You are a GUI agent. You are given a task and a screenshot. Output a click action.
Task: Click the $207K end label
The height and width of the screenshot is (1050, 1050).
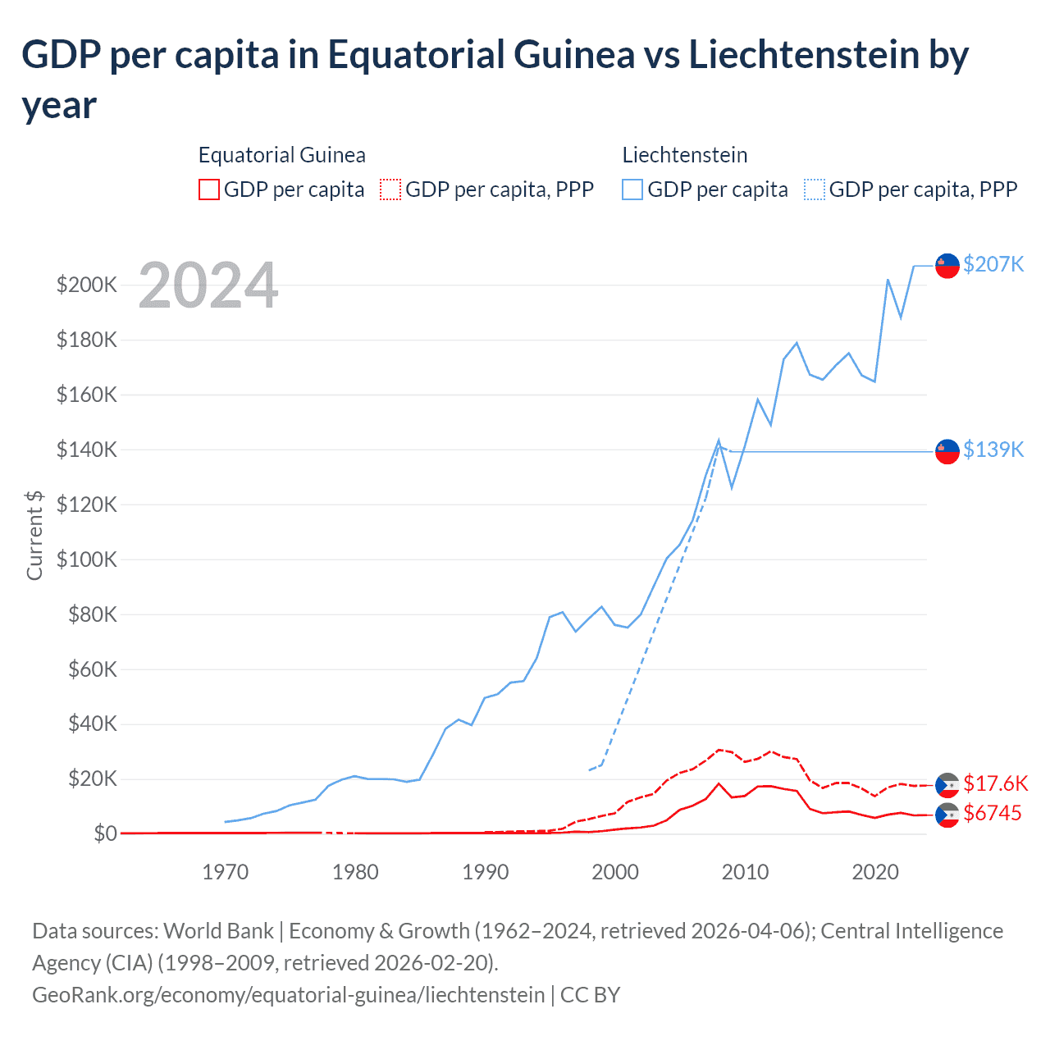[993, 264]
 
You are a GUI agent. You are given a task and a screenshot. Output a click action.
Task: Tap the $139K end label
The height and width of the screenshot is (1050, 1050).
[993, 450]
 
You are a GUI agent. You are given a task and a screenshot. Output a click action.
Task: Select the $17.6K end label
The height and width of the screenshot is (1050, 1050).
[995, 783]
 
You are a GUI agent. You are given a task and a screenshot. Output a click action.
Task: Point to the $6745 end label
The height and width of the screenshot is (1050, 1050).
[993, 813]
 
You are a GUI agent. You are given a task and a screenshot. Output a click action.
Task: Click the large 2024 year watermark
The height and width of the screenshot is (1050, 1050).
[208, 285]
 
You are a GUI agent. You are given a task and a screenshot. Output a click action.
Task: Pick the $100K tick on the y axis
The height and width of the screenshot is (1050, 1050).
[87, 559]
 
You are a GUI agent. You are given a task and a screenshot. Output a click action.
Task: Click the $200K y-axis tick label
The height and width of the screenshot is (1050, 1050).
[87, 285]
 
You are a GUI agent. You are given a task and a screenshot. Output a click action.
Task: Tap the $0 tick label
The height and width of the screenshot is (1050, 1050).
[105, 833]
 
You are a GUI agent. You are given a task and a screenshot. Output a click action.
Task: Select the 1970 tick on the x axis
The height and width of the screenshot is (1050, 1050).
[226, 872]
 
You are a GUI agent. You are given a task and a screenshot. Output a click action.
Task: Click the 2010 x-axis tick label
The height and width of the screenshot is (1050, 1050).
[746, 872]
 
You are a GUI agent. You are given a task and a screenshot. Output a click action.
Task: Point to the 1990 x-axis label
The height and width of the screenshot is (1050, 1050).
[486, 872]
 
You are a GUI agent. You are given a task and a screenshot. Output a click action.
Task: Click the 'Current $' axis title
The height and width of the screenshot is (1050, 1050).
[34, 535]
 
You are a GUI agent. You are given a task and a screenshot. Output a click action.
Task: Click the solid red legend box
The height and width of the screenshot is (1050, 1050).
[209, 189]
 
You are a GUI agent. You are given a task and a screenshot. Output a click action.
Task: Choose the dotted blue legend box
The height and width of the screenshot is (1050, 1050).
[815, 189]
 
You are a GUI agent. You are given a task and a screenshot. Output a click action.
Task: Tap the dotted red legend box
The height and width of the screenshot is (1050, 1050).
[390, 189]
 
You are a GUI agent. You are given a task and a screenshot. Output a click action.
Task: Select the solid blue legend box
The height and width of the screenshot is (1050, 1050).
[632, 189]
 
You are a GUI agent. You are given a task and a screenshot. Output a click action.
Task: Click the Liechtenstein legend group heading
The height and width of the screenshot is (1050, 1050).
[685, 155]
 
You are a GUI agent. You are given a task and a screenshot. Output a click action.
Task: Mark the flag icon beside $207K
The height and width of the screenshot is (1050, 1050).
[947, 266]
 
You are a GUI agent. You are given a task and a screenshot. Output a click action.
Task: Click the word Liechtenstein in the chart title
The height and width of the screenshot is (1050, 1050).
[803, 55]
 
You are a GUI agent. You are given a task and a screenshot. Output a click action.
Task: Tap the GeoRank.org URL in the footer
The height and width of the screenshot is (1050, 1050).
[288, 995]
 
